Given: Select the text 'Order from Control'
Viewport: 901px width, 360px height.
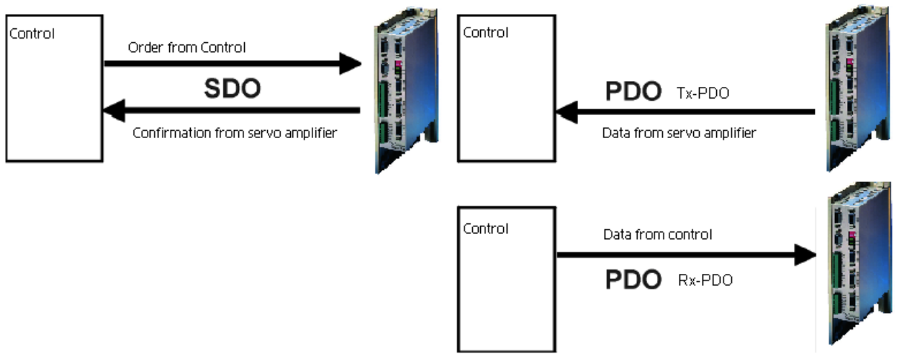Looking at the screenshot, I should click(186, 48).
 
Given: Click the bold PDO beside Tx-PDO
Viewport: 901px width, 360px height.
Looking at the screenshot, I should click(633, 91).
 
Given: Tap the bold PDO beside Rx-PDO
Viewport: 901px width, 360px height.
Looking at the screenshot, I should click(633, 280).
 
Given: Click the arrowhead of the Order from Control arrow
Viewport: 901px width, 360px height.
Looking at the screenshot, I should click(349, 64).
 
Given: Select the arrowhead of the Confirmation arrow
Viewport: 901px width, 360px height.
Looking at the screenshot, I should click(114, 112).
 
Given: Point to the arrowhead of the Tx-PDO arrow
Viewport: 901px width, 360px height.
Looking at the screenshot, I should click(568, 112).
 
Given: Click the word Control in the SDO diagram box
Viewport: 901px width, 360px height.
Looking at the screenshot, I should click(30, 33).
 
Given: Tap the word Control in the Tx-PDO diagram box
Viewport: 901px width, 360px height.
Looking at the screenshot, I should click(485, 33).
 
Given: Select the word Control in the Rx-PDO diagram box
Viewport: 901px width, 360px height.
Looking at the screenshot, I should click(485, 229).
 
